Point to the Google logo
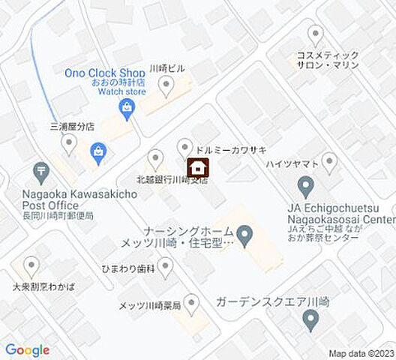point(27,350)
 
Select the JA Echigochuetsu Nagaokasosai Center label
point(340,213)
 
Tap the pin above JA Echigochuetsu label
point(305,184)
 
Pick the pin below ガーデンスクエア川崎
point(311,322)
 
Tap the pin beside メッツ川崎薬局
point(192,304)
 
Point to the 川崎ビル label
point(167,67)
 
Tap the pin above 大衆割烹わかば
point(31,265)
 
